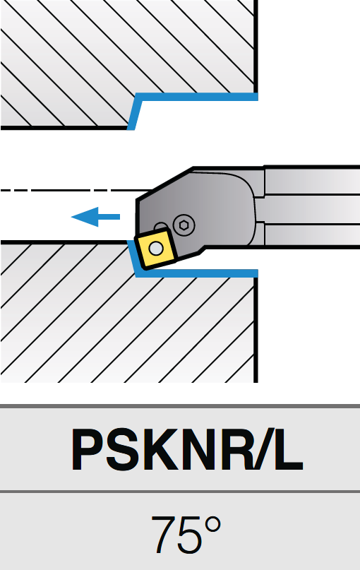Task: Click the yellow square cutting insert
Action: point(156,249)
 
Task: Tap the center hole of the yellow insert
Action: point(156,249)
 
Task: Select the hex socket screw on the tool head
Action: point(184,225)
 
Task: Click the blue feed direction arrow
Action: point(95,217)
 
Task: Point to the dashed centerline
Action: point(76,190)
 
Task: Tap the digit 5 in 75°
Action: point(190,535)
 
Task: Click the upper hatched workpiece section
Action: point(127,47)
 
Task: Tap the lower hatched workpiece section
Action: point(127,327)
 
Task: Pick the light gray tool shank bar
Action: point(313,207)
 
